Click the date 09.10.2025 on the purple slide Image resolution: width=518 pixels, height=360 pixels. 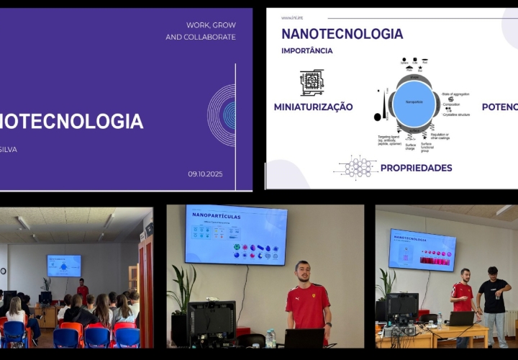pos(205,174)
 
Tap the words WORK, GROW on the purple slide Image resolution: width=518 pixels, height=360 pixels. pos(211,25)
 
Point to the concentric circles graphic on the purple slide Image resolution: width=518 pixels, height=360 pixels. pos(224,115)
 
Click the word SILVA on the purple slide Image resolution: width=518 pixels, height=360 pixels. pos(7,150)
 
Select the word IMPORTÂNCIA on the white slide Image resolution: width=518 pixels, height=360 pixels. pos(306,51)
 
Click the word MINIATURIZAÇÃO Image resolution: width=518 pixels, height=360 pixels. pos(313,107)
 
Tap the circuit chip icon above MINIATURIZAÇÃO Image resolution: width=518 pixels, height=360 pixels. pos(312,82)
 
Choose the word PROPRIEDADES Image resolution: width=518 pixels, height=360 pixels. pos(416,168)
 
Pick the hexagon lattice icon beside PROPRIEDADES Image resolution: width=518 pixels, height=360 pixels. pos(358,167)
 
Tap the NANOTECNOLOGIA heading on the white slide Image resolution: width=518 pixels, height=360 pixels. pos(342,34)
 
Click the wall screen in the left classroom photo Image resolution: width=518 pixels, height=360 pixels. pos(64,266)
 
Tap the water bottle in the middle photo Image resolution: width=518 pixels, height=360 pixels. pos(271,338)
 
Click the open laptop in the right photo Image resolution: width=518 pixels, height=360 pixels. pos(461,318)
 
